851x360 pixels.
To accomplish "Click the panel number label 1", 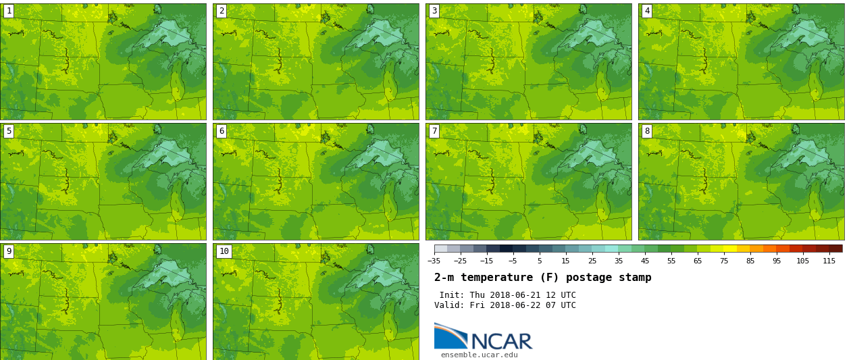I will [x=9, y=11].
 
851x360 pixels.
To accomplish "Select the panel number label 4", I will [x=647, y=11].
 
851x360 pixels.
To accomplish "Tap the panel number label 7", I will [x=434, y=131].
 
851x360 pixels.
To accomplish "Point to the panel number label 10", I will [x=224, y=251].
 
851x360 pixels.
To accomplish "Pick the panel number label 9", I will [x=9, y=251].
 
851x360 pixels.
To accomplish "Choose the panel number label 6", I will [x=222, y=131].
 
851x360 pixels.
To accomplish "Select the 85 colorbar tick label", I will [x=750, y=261].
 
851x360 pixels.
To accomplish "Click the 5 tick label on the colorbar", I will [x=539, y=261].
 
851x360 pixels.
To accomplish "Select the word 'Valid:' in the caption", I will [x=450, y=305].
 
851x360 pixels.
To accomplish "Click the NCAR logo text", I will [x=501, y=341].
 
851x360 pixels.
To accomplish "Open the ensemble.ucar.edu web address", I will [x=479, y=355].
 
